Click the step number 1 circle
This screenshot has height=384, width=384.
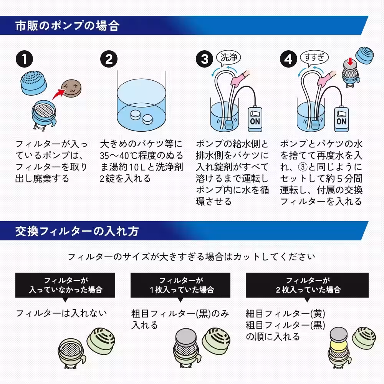(x=25, y=60)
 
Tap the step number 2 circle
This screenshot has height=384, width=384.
(x=109, y=60)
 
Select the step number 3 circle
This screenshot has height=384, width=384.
(x=205, y=60)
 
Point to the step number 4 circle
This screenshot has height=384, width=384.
(x=289, y=60)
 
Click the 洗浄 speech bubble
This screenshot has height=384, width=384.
(x=230, y=58)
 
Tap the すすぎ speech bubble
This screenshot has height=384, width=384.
(x=314, y=58)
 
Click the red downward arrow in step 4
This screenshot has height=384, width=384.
(x=349, y=61)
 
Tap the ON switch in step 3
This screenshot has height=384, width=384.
(x=255, y=117)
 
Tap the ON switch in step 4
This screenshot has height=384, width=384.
(x=341, y=117)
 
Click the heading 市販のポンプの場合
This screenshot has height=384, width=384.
(x=67, y=26)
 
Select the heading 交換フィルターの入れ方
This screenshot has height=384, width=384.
(x=77, y=231)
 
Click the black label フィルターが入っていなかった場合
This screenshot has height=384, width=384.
(x=65, y=285)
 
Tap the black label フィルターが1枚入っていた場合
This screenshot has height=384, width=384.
(x=180, y=285)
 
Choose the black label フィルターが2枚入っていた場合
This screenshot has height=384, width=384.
(x=307, y=285)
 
